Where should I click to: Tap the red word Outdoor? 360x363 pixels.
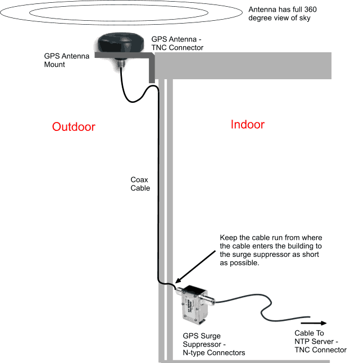click(x=74, y=126)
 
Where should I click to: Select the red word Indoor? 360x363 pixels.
click(x=247, y=124)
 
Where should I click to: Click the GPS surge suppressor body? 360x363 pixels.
click(x=193, y=307)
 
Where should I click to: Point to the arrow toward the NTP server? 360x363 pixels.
click(x=314, y=323)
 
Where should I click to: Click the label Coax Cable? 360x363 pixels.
click(x=140, y=184)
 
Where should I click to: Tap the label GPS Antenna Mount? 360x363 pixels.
click(x=63, y=60)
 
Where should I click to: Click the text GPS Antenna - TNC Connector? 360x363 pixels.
click(x=177, y=43)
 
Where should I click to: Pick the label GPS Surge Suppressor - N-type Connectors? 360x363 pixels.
click(x=214, y=344)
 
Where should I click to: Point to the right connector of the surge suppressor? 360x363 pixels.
click(x=213, y=303)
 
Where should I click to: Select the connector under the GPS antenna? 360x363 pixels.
click(x=120, y=63)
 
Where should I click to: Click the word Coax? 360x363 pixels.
click(x=140, y=180)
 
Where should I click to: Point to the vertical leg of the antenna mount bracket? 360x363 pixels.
click(x=151, y=70)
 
